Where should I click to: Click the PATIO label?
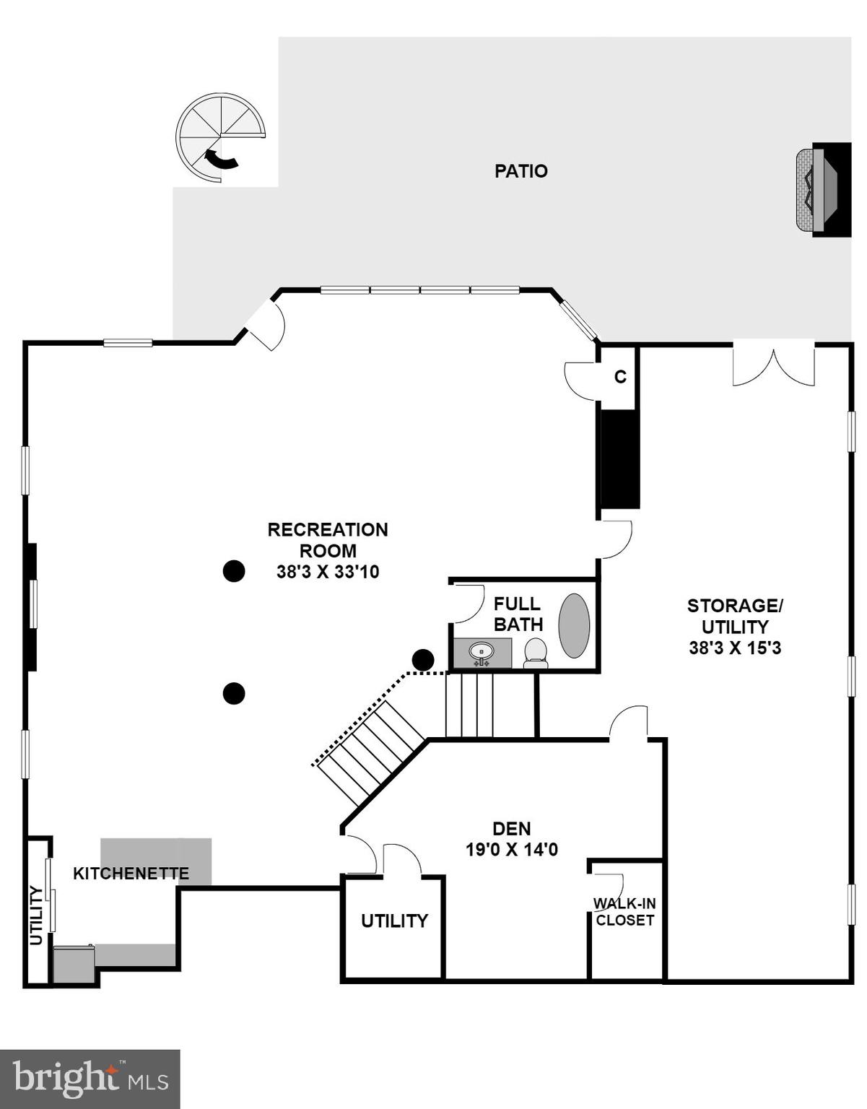520,171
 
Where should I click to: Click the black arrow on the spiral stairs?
222,159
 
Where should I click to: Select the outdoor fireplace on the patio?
823,190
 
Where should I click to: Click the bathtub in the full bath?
574,625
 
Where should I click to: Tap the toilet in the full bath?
535,651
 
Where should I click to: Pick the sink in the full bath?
482,653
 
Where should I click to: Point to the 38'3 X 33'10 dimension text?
328,572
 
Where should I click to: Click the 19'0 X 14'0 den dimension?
511,850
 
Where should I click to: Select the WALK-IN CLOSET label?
624,912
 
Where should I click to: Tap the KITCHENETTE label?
131,874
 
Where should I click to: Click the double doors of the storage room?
774,367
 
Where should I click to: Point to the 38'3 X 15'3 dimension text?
734,648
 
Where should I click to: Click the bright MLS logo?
90,1079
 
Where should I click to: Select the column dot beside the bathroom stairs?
423,660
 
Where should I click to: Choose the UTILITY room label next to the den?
394,921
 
